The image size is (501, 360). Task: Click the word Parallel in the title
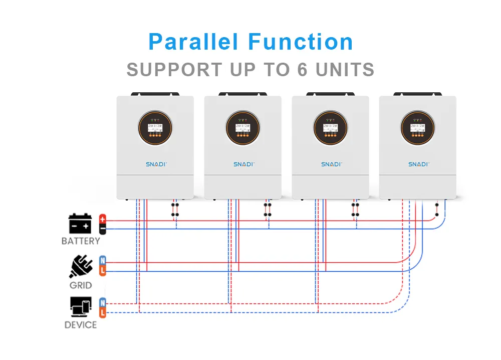click(x=193, y=42)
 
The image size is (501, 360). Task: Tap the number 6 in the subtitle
click(x=302, y=70)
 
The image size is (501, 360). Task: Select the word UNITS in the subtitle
click(x=345, y=70)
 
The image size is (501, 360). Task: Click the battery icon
click(x=80, y=224)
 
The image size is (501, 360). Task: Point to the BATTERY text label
click(x=81, y=241)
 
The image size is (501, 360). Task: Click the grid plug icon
click(x=81, y=267)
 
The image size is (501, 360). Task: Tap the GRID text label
click(x=81, y=285)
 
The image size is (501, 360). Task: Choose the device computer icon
click(x=81, y=307)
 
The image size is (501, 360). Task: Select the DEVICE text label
click(x=81, y=325)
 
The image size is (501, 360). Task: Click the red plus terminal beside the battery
click(x=103, y=219)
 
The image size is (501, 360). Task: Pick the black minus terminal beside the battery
click(x=103, y=229)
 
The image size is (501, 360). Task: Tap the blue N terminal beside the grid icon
click(x=103, y=260)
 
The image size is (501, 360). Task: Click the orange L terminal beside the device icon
click(x=103, y=312)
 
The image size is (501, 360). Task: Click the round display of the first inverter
click(x=155, y=128)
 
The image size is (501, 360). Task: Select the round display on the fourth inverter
click(x=417, y=128)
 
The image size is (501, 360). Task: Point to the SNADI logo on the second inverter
click(x=243, y=164)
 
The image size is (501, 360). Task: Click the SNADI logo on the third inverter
click(x=330, y=164)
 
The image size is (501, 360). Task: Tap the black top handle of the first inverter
click(x=155, y=94)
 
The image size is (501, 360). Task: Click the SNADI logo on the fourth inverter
click(x=417, y=164)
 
